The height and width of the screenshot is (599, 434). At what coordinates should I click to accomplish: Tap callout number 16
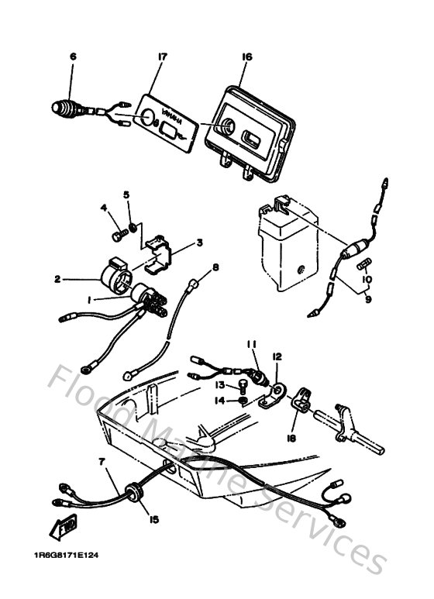coord(247,57)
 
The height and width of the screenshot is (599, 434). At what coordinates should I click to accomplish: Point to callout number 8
coord(215,267)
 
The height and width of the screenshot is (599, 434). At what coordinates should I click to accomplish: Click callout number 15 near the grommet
coord(154,518)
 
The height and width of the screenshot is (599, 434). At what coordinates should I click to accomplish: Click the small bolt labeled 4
coord(118,231)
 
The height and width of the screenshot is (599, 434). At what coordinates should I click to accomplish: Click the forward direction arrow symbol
coord(63,528)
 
